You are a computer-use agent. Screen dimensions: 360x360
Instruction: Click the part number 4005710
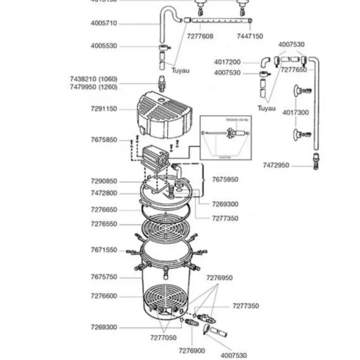pyautogui.click(x=104, y=23)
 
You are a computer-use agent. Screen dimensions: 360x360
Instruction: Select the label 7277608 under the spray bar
pyautogui.click(x=200, y=36)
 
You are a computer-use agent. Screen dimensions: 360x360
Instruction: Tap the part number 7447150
pyautogui.click(x=250, y=36)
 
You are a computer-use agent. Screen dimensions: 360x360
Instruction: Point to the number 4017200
pyautogui.click(x=227, y=62)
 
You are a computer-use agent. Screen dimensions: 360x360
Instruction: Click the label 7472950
pyautogui.click(x=276, y=165)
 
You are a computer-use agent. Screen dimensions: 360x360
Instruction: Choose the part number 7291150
pyautogui.click(x=104, y=109)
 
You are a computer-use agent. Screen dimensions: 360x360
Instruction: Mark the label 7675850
pyautogui.click(x=104, y=140)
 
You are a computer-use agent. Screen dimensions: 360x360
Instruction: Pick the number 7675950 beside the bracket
pyautogui.click(x=225, y=180)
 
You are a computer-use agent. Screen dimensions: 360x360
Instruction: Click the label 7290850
pyautogui.click(x=104, y=181)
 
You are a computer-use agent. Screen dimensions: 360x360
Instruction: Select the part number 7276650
pyautogui.click(x=104, y=209)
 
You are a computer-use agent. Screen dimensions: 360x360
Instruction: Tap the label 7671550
pyautogui.click(x=104, y=250)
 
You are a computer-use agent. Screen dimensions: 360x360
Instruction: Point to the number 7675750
pyautogui.click(x=104, y=277)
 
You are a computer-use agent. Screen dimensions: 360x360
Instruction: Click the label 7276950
pyautogui.click(x=219, y=278)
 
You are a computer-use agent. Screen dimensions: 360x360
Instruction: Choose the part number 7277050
pyautogui.click(x=163, y=338)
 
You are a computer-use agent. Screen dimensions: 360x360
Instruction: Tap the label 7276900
pyautogui.click(x=192, y=351)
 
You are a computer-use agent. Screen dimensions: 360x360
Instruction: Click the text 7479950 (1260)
pyautogui.click(x=93, y=87)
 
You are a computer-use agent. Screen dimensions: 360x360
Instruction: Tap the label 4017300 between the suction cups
pyautogui.click(x=296, y=113)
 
